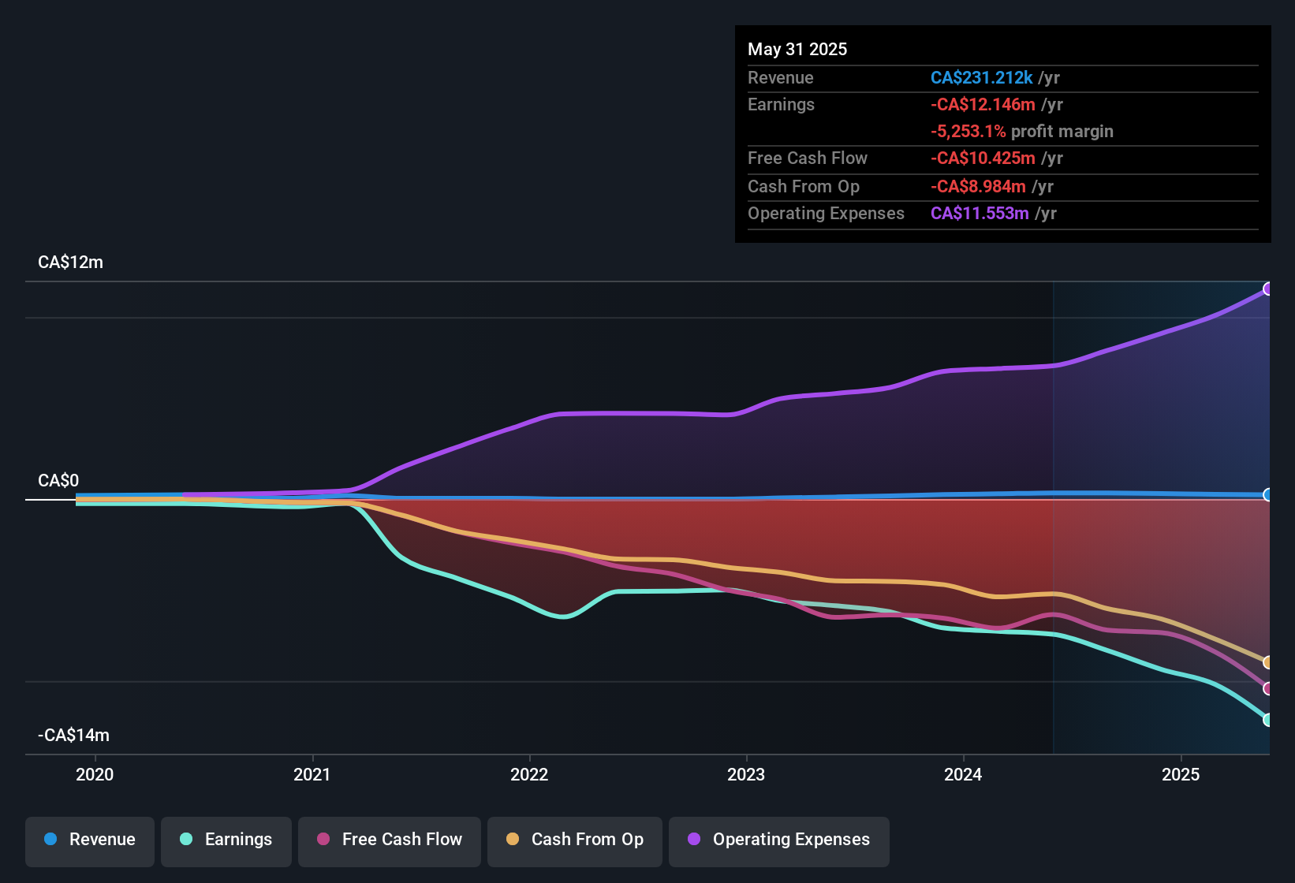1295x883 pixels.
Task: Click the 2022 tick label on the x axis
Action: click(529, 774)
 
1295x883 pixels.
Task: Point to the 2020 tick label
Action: click(95, 774)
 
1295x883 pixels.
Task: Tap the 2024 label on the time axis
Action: click(963, 774)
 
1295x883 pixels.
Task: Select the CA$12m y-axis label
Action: click(70, 263)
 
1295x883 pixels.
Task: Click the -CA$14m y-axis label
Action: click(73, 736)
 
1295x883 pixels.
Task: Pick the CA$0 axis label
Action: click(58, 481)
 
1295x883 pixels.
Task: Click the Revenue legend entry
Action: click(90, 840)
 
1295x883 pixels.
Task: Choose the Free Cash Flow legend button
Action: click(390, 840)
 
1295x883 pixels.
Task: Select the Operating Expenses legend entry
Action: click(779, 840)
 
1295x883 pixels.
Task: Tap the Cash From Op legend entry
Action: click(575, 840)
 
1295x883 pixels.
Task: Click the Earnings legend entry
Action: click(226, 840)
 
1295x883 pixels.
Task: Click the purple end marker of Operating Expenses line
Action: click(1267, 289)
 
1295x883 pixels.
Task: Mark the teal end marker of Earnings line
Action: click(1267, 720)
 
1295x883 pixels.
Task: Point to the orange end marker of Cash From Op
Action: click(1267, 662)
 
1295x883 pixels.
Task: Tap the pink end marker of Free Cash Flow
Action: click(1267, 689)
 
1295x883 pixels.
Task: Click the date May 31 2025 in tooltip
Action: click(797, 50)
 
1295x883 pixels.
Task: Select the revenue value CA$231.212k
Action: click(981, 78)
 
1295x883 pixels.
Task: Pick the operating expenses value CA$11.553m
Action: click(980, 214)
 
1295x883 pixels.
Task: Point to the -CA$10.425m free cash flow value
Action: click(983, 158)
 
